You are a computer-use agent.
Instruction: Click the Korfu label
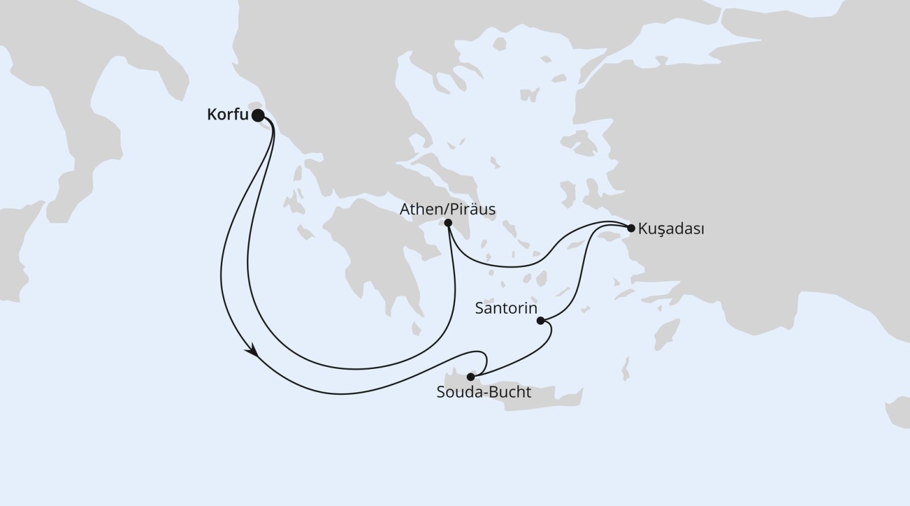point(227,116)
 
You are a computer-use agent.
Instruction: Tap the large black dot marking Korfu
point(258,116)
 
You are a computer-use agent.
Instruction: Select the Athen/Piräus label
point(447,209)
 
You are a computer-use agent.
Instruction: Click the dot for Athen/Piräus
point(448,223)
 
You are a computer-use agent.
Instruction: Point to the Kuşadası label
point(671,229)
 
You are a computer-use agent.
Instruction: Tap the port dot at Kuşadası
point(630,228)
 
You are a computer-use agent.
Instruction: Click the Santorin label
point(506,308)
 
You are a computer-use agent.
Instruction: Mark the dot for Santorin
point(540,320)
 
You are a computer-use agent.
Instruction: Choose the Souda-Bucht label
point(484,392)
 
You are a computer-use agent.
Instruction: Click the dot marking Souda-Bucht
point(471,377)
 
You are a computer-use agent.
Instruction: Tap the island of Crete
point(533,398)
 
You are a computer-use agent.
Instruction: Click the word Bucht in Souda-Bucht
point(512,392)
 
